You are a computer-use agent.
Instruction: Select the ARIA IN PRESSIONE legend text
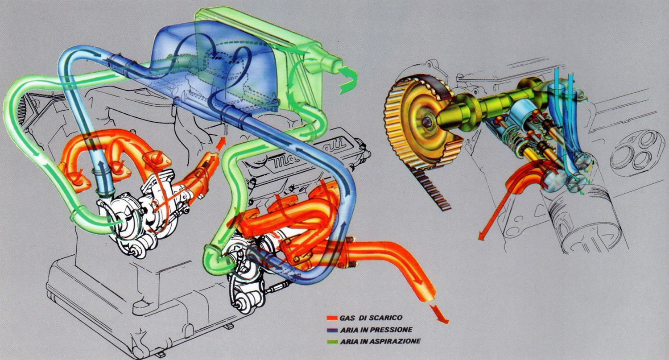click(x=376, y=330)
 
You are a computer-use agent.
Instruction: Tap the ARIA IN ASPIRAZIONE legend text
click(x=380, y=341)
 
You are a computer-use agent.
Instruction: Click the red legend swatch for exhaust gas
click(x=332, y=318)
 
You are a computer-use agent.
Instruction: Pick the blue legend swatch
click(x=332, y=330)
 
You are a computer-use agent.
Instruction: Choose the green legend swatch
click(x=332, y=342)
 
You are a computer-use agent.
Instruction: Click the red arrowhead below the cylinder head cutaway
click(x=481, y=236)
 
